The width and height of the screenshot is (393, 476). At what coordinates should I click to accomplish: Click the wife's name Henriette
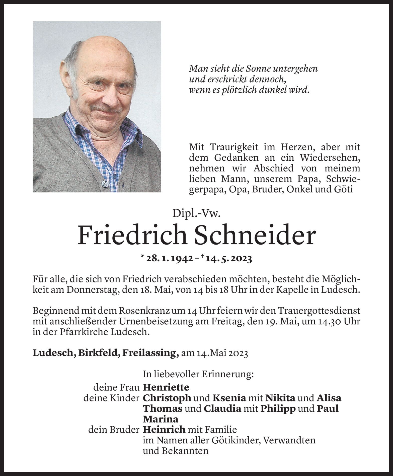tap(166, 387)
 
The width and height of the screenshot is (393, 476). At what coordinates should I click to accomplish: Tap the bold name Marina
tap(161, 419)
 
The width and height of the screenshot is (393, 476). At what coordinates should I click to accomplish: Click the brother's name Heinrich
tap(164, 430)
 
